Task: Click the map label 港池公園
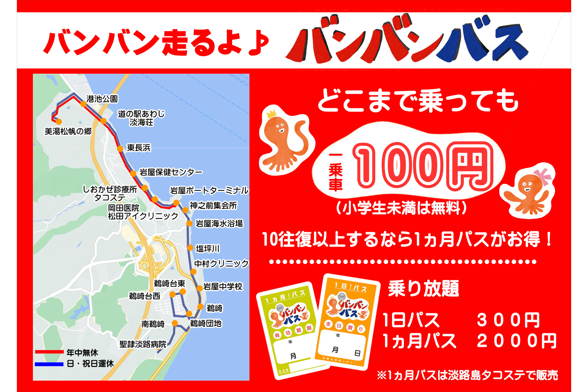click(x=102, y=99)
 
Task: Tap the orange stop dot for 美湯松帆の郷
click(x=58, y=122)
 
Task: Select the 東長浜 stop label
click(x=139, y=148)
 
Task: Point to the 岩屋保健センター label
click(x=171, y=172)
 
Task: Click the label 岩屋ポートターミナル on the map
click(x=209, y=190)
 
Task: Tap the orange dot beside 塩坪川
click(x=190, y=248)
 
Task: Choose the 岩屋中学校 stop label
click(x=223, y=287)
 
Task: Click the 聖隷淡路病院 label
click(x=143, y=344)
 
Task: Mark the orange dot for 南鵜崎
click(x=175, y=323)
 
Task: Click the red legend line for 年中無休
click(x=49, y=352)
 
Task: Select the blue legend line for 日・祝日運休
click(x=49, y=364)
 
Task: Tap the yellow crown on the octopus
click(x=271, y=114)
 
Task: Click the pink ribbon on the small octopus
click(x=542, y=175)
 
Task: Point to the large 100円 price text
click(x=423, y=165)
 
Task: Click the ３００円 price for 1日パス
click(x=508, y=320)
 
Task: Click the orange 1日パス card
click(x=346, y=322)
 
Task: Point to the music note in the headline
click(x=259, y=43)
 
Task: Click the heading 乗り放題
click(x=424, y=288)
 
